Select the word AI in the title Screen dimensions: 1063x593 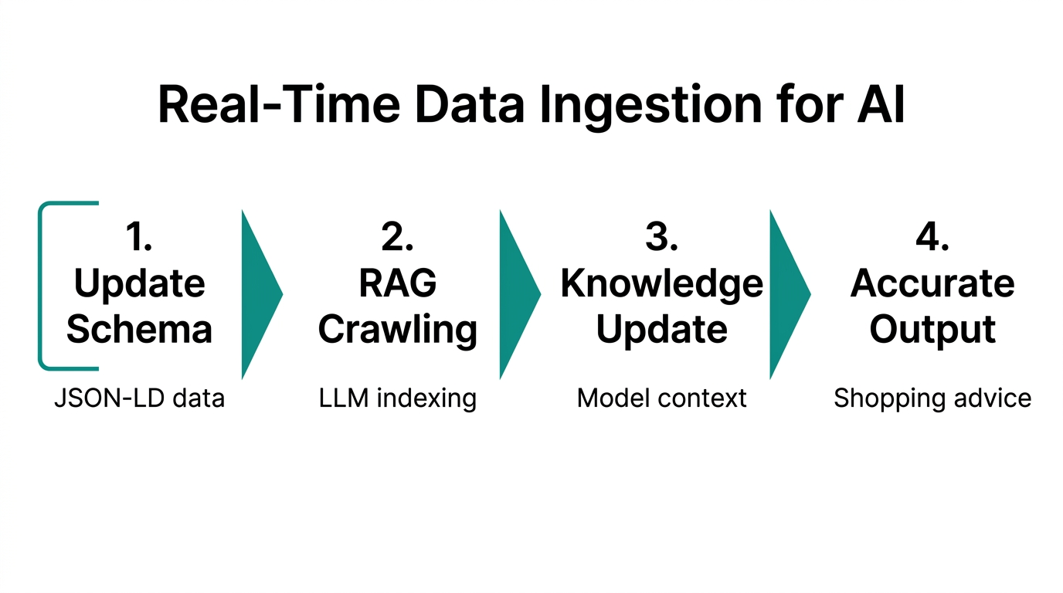coord(881,103)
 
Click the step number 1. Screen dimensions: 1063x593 coord(138,237)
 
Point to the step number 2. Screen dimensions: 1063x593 coord(397,237)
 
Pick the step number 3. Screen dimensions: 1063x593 coord(661,237)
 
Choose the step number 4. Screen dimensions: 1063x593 coord(932,237)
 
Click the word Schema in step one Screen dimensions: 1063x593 coord(139,329)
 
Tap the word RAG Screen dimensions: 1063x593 coord(398,283)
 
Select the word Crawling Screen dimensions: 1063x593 coord(398,330)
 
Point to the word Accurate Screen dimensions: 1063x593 coord(932,283)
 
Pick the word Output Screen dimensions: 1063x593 coord(932,330)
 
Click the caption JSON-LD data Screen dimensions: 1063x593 coord(139,398)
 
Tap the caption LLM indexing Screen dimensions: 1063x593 coord(398,399)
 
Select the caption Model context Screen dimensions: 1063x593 coord(661,398)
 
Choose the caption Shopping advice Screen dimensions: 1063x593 coord(932,399)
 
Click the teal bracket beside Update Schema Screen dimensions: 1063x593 coord(40,286)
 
